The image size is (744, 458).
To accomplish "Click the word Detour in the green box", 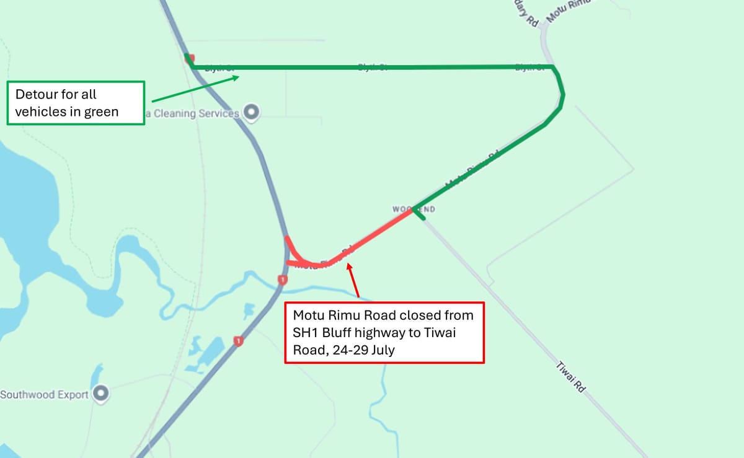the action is click(35, 95).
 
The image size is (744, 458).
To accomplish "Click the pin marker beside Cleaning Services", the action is click(251, 113).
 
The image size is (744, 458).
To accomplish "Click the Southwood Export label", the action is click(45, 395).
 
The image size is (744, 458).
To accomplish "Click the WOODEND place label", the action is click(414, 209).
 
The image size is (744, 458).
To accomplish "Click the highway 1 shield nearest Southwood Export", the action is click(237, 341).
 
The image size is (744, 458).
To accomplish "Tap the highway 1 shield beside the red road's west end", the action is click(283, 280).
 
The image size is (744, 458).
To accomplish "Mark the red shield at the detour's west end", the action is click(189, 58).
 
